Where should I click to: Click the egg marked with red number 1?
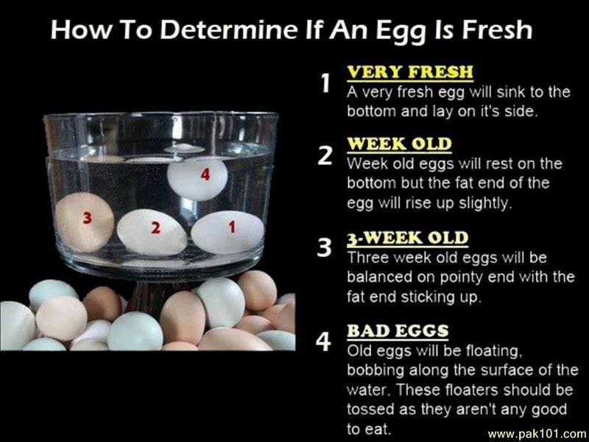(228, 232)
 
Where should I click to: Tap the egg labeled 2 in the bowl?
(152, 232)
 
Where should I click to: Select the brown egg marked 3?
(85, 222)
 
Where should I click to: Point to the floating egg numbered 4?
(197, 178)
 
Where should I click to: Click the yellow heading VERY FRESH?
(410, 72)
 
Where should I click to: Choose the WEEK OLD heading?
(399, 144)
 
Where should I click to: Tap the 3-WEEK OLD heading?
(408, 238)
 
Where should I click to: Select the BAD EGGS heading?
(398, 331)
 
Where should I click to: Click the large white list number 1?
(325, 83)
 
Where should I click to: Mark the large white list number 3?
(325, 248)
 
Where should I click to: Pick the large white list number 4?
(323, 342)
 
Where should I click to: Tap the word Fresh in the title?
(497, 29)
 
